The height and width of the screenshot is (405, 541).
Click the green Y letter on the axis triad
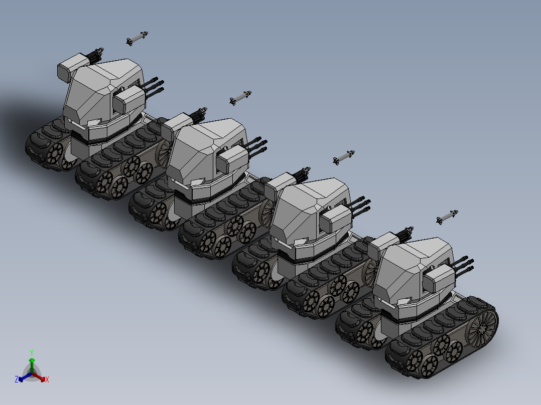coord(32,352)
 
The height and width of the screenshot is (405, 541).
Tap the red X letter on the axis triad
coord(47,379)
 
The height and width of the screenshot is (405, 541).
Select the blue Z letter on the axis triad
coord(17,379)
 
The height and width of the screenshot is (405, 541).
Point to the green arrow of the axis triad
coord(32,365)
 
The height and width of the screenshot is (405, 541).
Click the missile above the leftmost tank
coord(137,38)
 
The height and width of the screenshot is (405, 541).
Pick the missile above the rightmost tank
coord(447,217)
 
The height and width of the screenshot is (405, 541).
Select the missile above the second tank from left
coord(240,98)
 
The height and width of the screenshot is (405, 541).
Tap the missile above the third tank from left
coord(344,157)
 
